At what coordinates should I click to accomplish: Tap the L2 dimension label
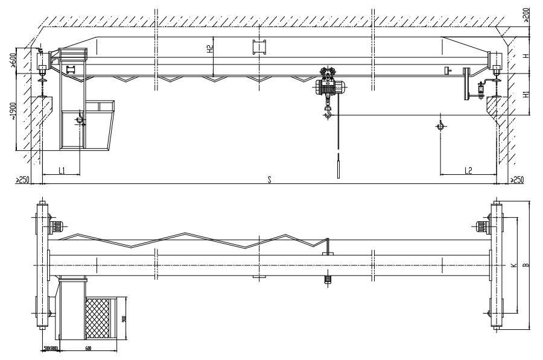468,171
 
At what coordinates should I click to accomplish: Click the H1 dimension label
526,95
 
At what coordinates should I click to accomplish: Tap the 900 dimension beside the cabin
123,318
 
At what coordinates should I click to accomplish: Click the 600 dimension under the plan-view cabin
88,348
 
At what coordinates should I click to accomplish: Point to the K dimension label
513,265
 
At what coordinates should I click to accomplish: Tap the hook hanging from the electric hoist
328,111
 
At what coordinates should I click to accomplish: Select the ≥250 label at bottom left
22,180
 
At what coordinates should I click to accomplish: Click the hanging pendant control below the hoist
338,166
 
